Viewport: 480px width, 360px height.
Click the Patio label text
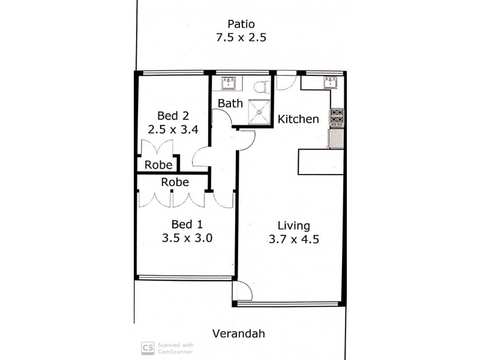[x=241, y=24]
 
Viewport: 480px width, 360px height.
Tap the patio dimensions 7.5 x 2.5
[x=241, y=37]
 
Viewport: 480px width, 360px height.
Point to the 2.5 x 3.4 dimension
[x=173, y=128]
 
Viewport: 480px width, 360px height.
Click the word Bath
[x=230, y=103]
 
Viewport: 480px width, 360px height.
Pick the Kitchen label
[x=298, y=119]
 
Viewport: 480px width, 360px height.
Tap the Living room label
[x=293, y=226]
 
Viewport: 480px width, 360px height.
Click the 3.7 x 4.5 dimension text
[x=293, y=239]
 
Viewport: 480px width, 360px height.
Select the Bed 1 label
[x=187, y=224]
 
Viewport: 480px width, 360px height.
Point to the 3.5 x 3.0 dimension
[x=187, y=238]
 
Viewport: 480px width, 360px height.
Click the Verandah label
[x=239, y=334]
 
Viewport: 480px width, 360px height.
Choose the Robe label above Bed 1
[x=175, y=182]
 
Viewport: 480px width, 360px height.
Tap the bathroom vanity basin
[x=229, y=82]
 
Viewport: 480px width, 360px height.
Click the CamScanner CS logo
[x=146, y=348]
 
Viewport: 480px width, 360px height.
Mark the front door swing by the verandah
[x=242, y=291]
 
